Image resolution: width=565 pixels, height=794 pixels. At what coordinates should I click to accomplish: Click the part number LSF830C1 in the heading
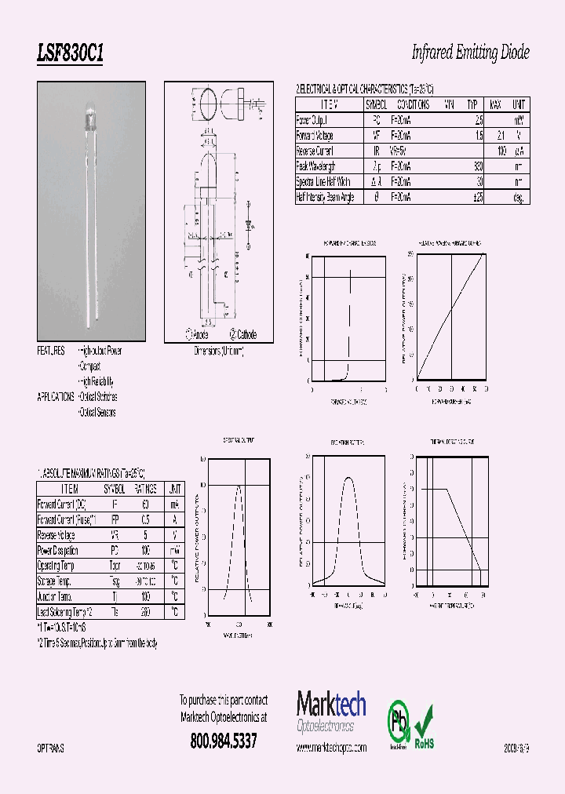70,53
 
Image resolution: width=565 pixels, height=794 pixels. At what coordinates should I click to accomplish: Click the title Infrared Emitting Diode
470,53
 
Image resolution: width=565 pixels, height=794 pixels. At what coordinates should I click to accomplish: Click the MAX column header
495,104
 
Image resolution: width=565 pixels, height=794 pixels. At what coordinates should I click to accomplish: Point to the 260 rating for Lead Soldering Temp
145,611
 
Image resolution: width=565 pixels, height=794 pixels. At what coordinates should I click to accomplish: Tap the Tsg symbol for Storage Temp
114,581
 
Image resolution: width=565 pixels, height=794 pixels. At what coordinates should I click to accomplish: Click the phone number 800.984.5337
224,741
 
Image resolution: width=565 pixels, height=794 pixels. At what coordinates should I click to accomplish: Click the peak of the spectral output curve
239,486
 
